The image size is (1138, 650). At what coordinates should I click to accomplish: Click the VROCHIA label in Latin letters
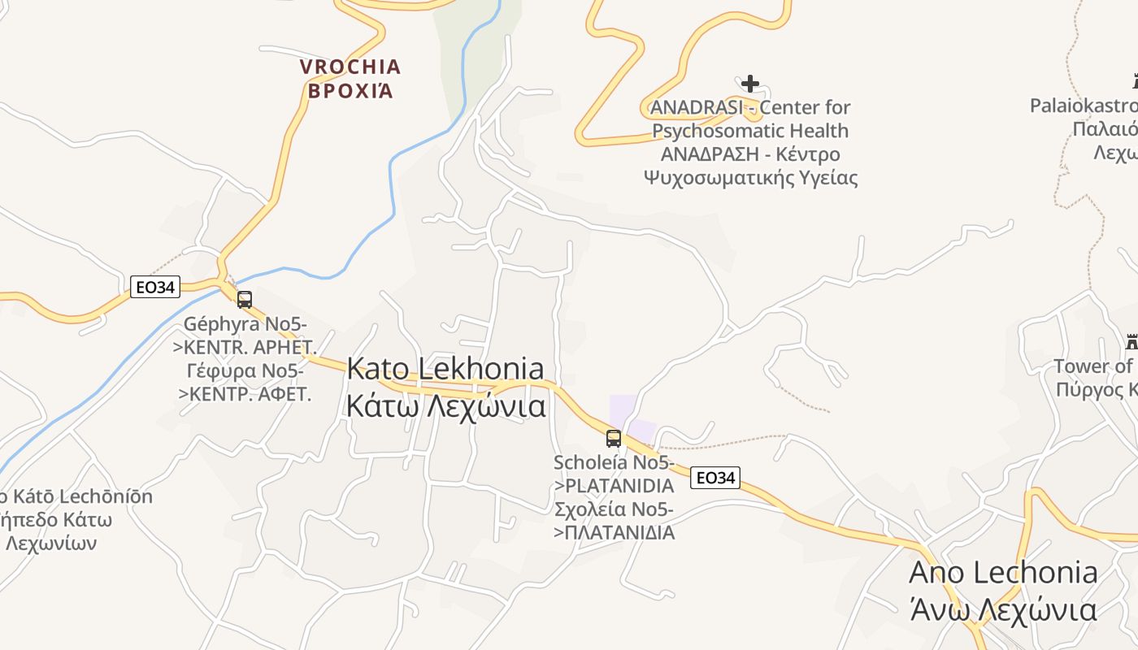coord(350,67)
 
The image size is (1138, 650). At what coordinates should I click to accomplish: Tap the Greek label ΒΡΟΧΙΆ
coord(350,90)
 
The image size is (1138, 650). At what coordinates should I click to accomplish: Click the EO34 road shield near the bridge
coord(154,287)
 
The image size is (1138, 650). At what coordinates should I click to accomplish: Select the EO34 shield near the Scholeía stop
coord(715,478)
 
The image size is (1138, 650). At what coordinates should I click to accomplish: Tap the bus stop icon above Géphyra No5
coord(245,300)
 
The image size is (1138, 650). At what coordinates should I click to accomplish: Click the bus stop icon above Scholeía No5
coord(614,439)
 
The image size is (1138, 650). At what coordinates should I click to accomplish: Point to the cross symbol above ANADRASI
coord(750,83)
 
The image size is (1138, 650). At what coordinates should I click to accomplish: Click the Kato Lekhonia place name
coord(445,368)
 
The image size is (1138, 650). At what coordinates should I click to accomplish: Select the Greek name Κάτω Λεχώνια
coord(445,405)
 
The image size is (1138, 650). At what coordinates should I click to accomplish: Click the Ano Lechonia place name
coord(1003,573)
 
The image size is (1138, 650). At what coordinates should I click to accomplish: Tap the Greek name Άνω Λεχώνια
coord(1003,609)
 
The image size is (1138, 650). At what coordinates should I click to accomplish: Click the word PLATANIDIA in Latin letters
coord(620,486)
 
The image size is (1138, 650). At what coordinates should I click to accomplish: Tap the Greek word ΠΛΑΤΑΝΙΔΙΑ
coord(620,533)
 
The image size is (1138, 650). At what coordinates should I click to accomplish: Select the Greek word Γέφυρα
coord(221,371)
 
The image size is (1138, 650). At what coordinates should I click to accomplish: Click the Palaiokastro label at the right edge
coord(1084,106)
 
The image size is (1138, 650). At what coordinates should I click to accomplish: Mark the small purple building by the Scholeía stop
coord(632,419)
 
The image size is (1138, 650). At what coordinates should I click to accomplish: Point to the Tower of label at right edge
coord(1094,366)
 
